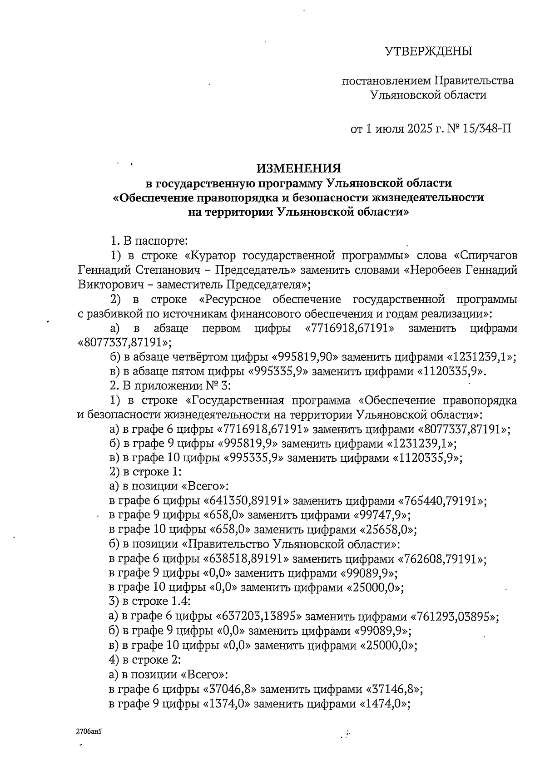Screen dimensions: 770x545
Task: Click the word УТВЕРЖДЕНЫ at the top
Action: (429, 51)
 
